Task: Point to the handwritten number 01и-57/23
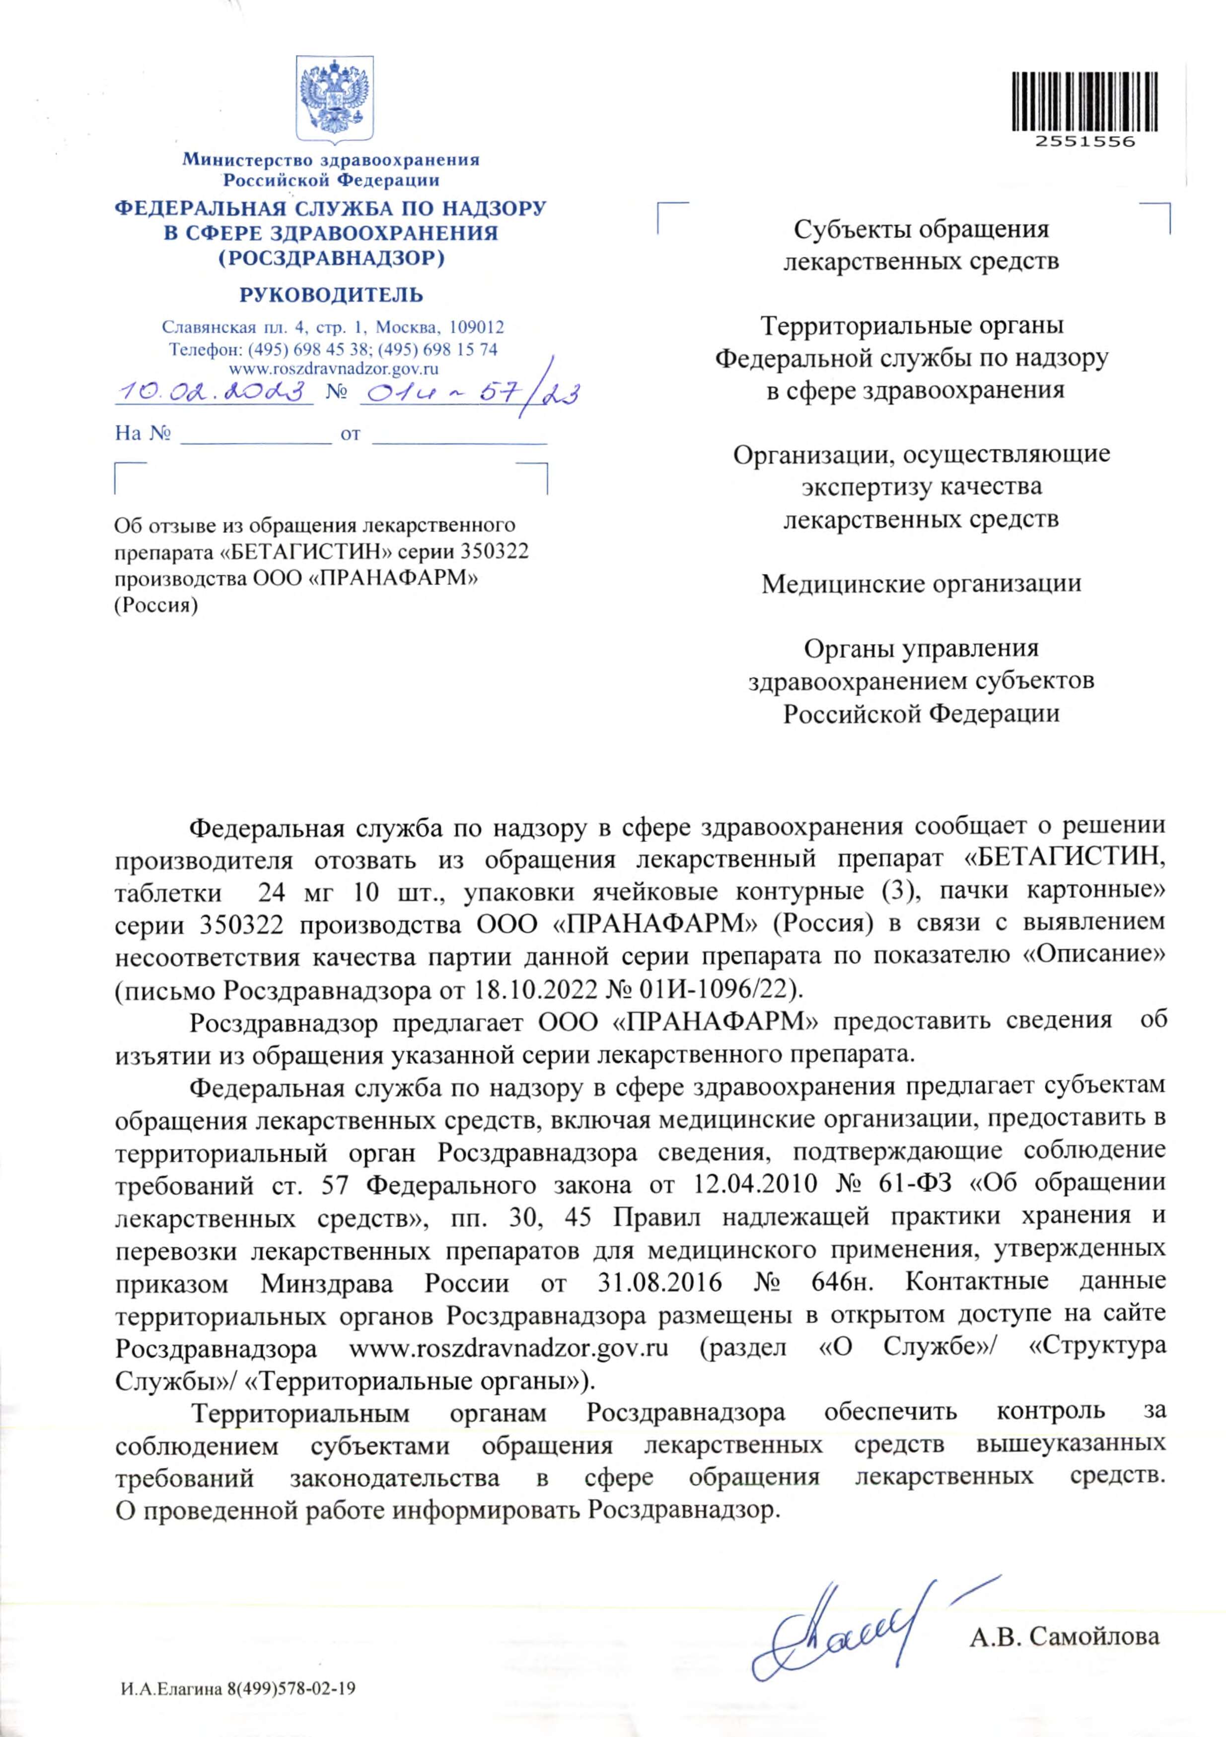[x=469, y=392]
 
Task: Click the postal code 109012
[x=476, y=328]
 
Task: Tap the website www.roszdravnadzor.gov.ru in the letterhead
[x=334, y=369]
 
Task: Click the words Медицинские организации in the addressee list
[x=921, y=584]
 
